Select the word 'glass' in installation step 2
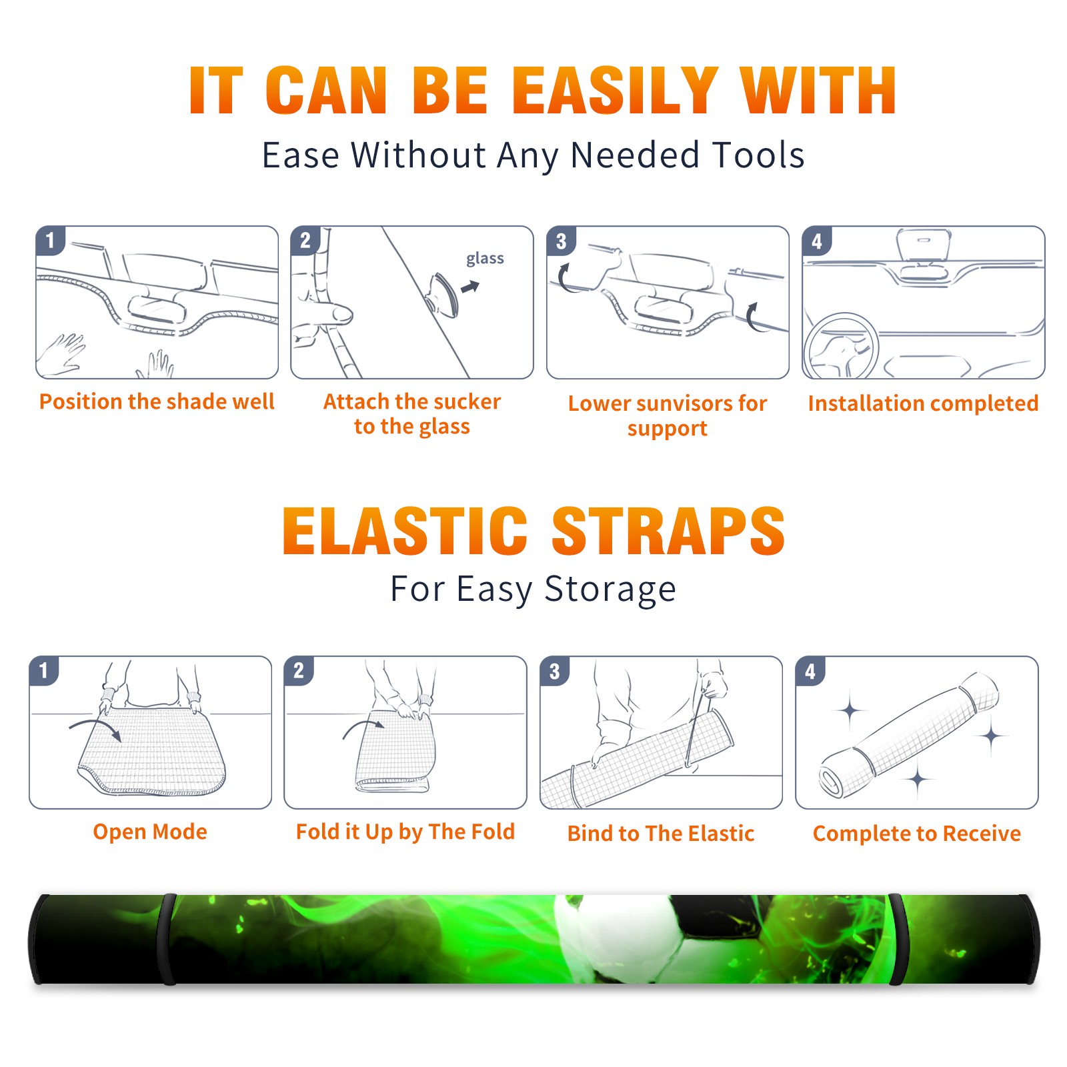click(485, 259)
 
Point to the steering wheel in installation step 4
click(840, 346)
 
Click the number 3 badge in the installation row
click(562, 241)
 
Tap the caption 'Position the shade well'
click(157, 401)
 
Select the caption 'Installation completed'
click(923, 403)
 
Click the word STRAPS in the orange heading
click(668, 531)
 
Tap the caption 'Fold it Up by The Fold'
click(405, 832)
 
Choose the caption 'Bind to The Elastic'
click(661, 834)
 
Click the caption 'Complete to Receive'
click(917, 834)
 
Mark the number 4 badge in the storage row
click(810, 672)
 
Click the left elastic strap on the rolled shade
click(167, 939)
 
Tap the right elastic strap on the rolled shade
click(897, 939)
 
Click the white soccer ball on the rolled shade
click(617, 937)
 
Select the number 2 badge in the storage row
click(299, 671)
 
